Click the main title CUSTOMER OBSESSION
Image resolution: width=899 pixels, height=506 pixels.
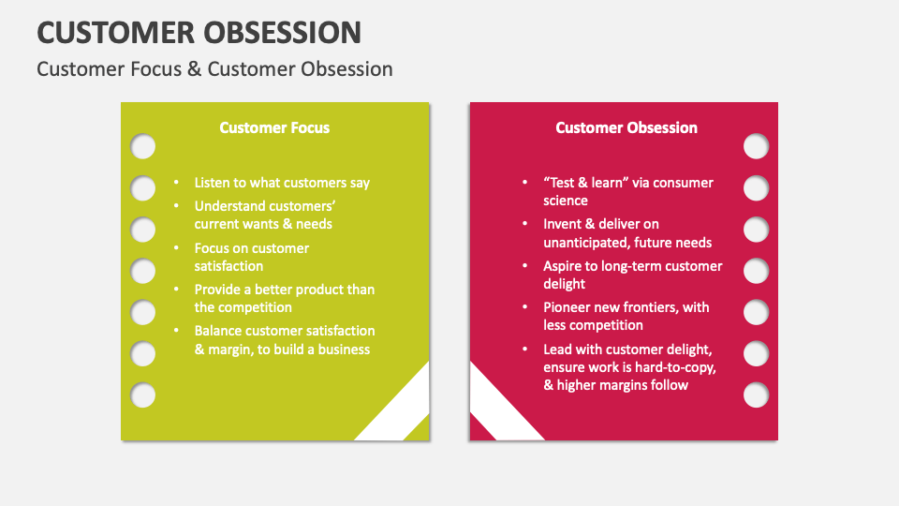(199, 32)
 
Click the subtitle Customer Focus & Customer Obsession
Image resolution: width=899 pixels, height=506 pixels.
(214, 69)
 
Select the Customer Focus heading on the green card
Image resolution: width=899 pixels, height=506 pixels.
(274, 127)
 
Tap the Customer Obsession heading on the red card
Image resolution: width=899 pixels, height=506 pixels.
(626, 127)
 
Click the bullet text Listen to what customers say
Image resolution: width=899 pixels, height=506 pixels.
(282, 183)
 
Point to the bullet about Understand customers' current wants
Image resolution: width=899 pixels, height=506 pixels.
(265, 216)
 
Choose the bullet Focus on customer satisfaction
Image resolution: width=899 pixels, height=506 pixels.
(251, 257)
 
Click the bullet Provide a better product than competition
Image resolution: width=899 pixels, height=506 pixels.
(284, 298)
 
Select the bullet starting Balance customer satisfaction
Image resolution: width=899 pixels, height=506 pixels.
(284, 339)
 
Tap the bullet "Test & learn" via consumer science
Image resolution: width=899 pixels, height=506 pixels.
(627, 191)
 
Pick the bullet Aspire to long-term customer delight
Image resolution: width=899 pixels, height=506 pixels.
(632, 275)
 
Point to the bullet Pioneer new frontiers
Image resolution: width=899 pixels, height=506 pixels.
(626, 316)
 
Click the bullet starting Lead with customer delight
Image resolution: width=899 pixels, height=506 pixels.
(629, 366)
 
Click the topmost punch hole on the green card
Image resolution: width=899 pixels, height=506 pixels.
(142, 147)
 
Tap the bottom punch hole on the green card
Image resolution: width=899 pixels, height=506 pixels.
(142, 394)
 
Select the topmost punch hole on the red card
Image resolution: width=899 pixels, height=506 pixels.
(756, 147)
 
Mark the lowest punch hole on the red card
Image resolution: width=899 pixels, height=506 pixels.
(756, 394)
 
